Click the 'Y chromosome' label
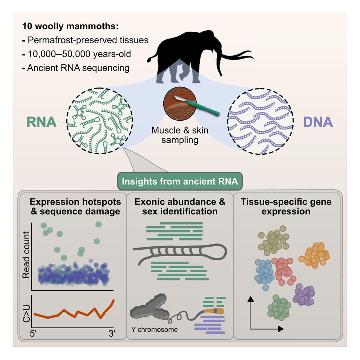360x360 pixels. click(153, 329)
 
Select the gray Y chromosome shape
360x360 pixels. click(149, 310)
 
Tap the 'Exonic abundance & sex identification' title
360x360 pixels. click(179, 206)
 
